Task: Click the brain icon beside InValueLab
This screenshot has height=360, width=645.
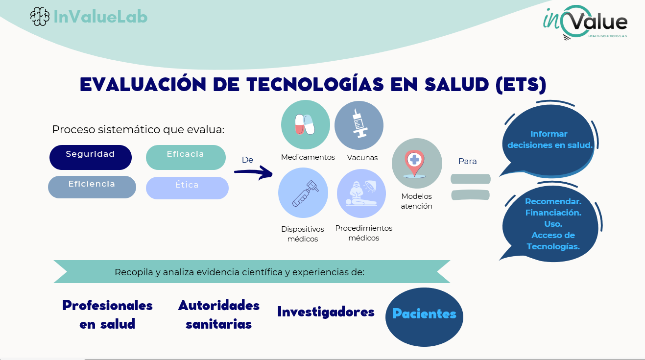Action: click(x=40, y=17)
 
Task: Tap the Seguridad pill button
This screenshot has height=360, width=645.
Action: click(x=91, y=157)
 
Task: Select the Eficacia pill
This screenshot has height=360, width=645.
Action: click(x=186, y=157)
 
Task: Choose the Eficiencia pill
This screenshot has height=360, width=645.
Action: click(x=92, y=187)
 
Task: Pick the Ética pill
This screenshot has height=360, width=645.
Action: click(x=187, y=188)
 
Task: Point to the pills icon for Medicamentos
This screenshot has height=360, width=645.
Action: click(x=305, y=125)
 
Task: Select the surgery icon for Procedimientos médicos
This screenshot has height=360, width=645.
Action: click(x=361, y=193)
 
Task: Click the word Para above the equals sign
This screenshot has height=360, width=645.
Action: click(x=467, y=161)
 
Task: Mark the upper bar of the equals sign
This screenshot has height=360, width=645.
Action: click(x=471, y=179)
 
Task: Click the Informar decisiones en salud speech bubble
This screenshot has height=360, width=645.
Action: click(x=549, y=140)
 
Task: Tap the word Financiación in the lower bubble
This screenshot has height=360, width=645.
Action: click(x=553, y=213)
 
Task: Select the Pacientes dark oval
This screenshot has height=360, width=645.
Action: click(x=424, y=317)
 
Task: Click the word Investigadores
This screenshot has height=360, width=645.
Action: click(x=326, y=312)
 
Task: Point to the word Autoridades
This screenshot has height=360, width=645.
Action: click(x=219, y=305)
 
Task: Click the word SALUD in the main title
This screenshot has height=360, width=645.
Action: click(x=456, y=85)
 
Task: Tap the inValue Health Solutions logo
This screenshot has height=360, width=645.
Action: click(x=585, y=23)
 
